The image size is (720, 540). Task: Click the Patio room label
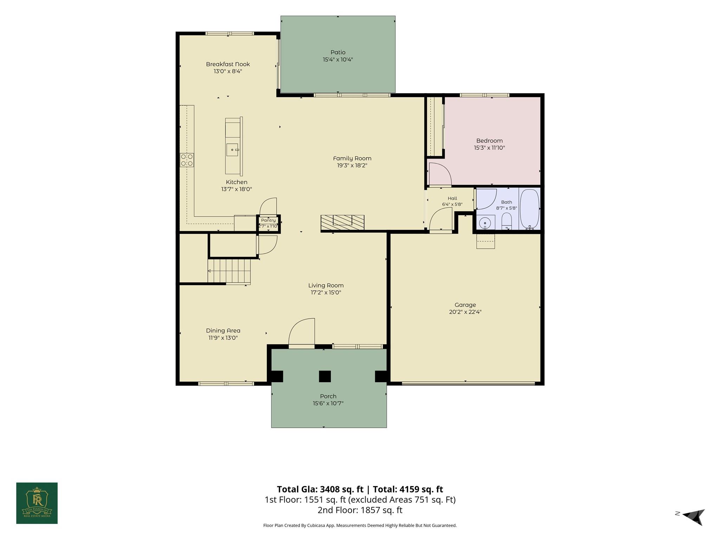click(x=337, y=52)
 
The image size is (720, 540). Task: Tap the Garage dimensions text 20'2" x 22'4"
click(x=465, y=312)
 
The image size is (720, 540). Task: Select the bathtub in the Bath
click(x=529, y=209)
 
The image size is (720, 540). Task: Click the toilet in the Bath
click(x=506, y=222)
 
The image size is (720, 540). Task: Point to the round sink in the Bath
click(x=486, y=223)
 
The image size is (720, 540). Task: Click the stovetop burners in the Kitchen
click(x=187, y=160)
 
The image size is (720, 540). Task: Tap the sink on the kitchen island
click(x=232, y=149)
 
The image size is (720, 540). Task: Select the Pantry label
click(x=268, y=220)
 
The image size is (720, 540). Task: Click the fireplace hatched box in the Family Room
click(x=342, y=223)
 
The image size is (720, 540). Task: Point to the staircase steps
click(x=229, y=271)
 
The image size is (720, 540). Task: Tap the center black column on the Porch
click(x=325, y=377)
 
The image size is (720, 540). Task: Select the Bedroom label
click(x=489, y=141)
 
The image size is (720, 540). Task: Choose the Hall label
click(x=452, y=198)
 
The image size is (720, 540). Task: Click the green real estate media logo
click(x=37, y=503)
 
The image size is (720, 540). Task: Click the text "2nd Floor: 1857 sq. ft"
click(x=360, y=510)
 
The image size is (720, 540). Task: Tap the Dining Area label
click(x=223, y=330)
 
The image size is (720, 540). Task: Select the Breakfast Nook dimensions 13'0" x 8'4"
click(x=228, y=71)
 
